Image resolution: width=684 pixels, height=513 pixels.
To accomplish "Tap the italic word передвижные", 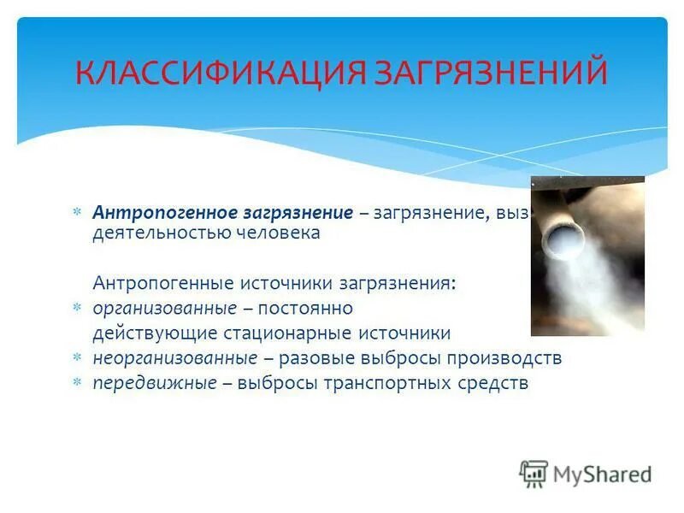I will [155, 383].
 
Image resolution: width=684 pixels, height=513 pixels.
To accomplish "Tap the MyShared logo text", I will [602, 474].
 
